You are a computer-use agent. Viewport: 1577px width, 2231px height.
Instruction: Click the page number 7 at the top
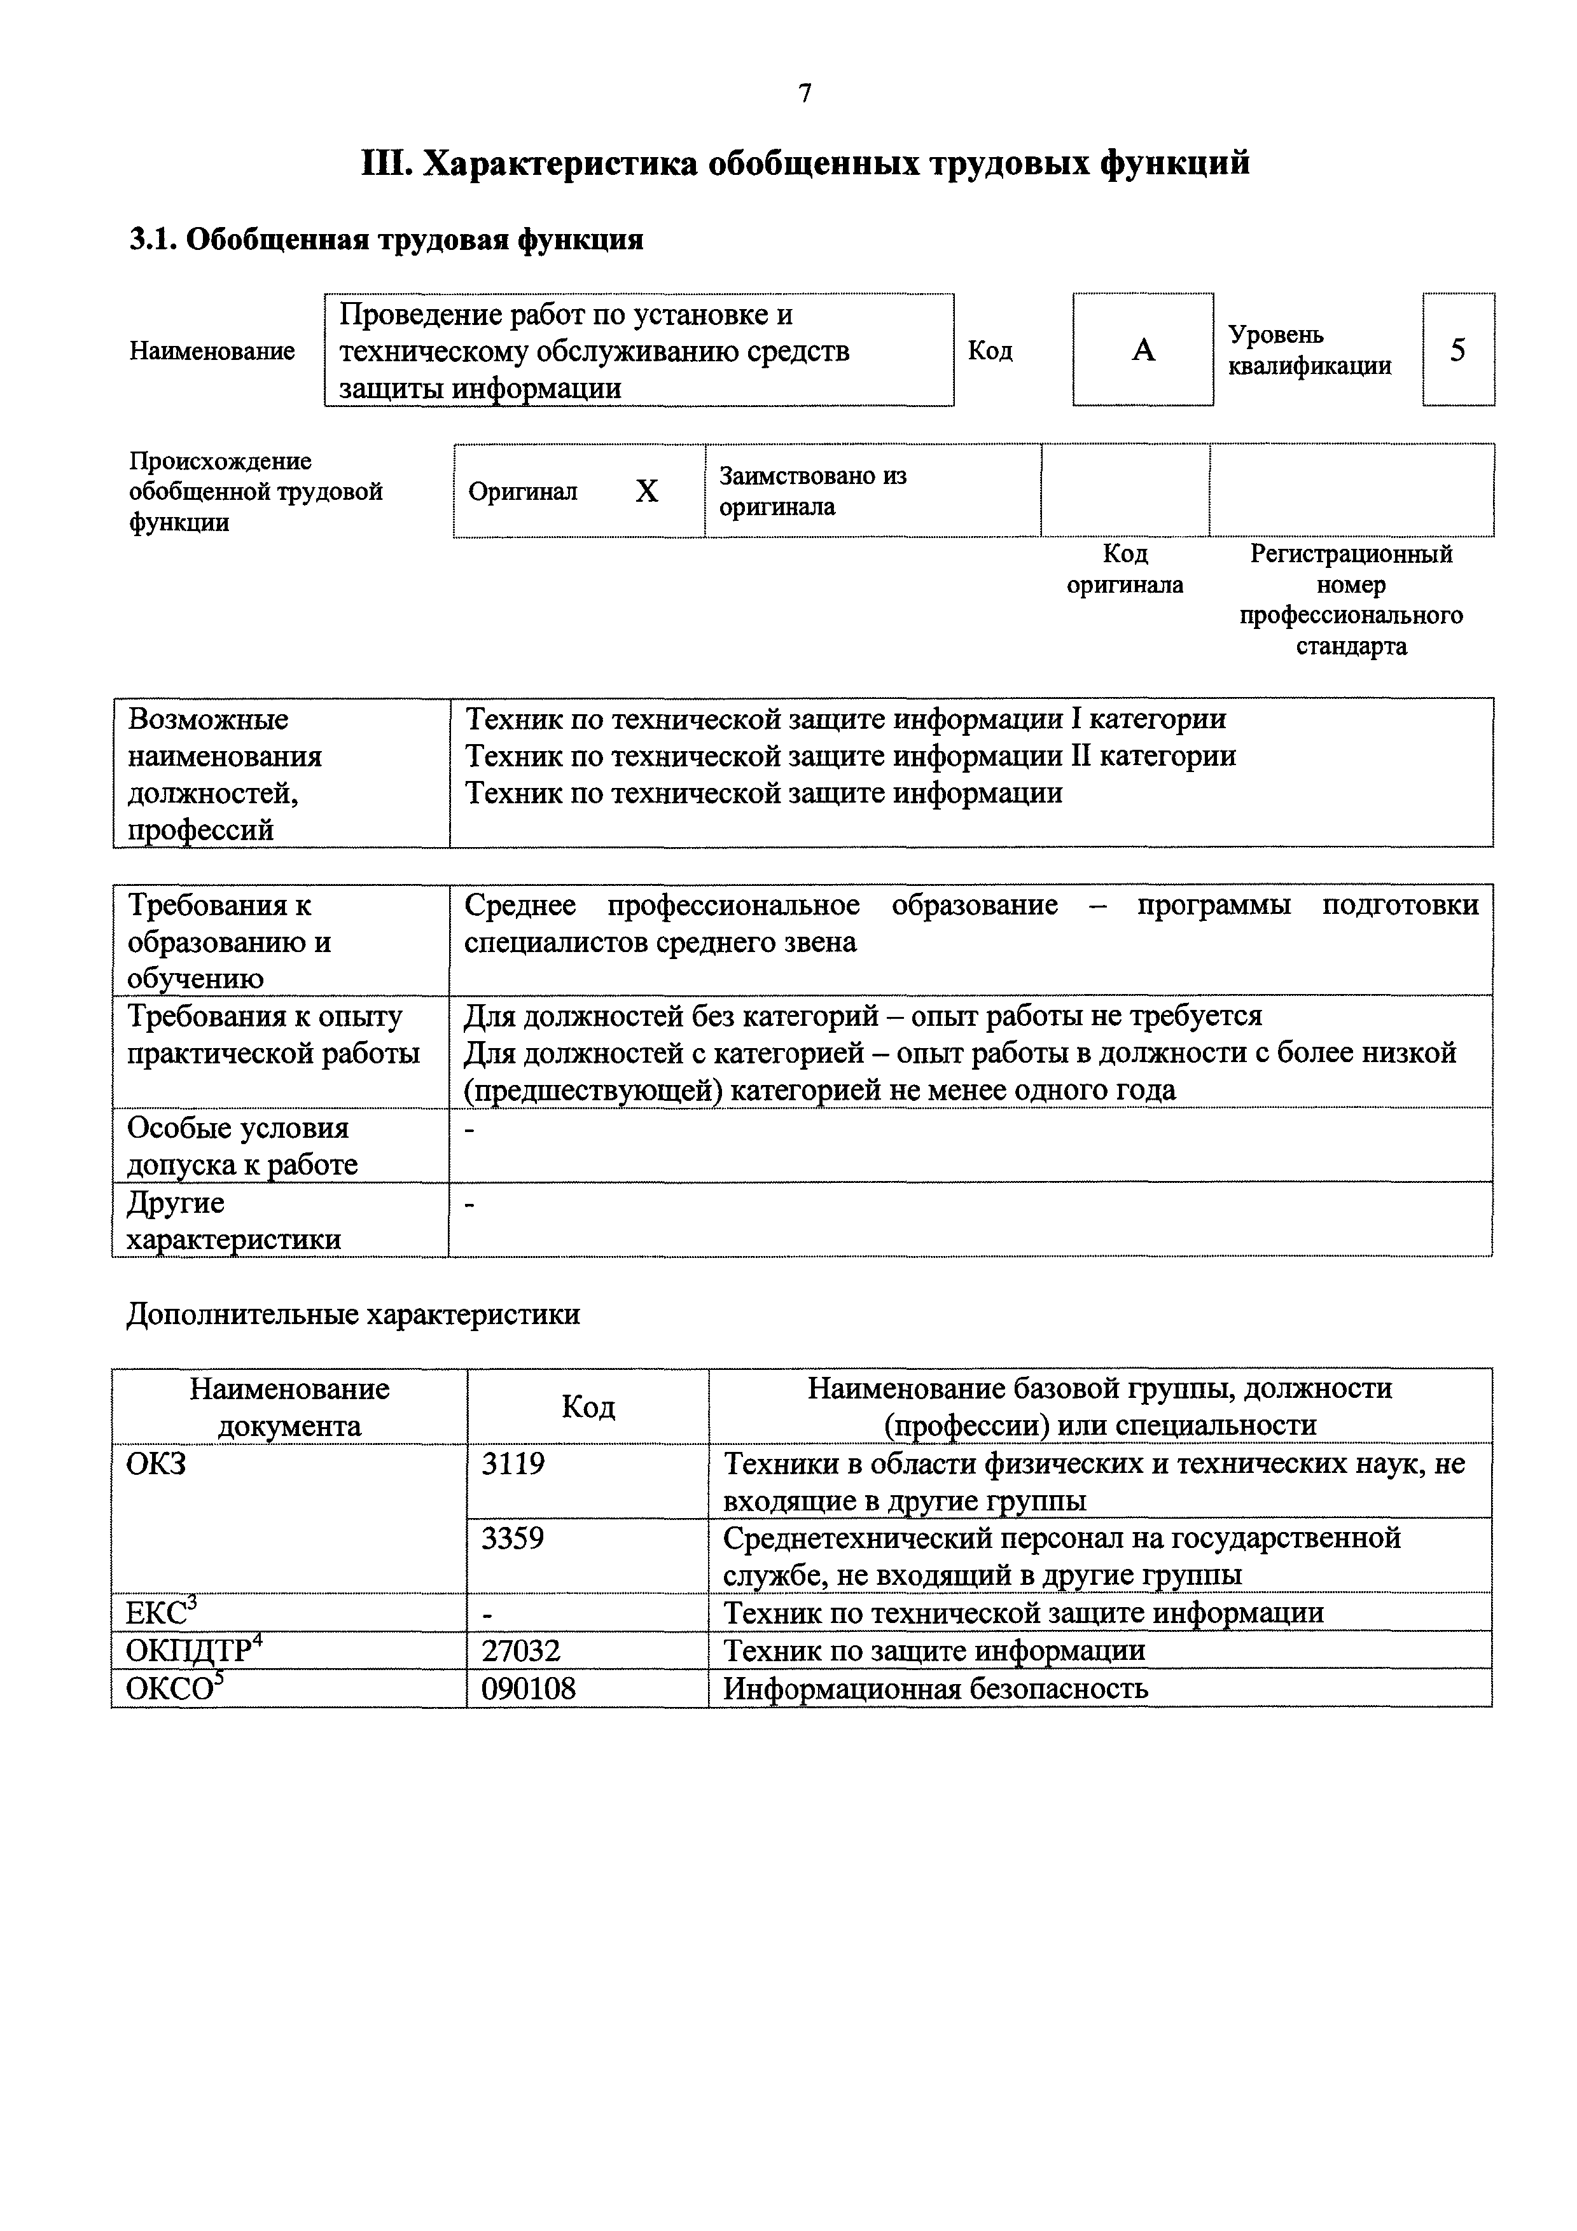[x=805, y=93]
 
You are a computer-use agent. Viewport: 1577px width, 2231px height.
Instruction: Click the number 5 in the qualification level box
[x=1457, y=350]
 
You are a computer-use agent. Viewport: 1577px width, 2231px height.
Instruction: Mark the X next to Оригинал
[x=646, y=492]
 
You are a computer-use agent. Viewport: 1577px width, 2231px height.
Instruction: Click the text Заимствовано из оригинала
[x=812, y=491]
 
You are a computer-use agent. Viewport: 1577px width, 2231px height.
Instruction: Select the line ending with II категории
[x=850, y=756]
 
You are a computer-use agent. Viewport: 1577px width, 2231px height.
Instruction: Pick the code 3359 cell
[x=513, y=1539]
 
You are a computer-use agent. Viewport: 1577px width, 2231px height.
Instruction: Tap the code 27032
[x=521, y=1651]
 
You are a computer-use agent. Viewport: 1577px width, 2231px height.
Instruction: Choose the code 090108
[x=529, y=1689]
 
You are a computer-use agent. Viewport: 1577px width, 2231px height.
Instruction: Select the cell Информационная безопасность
[x=934, y=1689]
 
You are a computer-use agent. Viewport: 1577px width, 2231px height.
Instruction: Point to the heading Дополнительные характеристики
[x=352, y=1315]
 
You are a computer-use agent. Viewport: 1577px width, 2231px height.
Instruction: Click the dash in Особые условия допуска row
[x=470, y=1129]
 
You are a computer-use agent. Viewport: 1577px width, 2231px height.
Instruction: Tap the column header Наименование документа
[x=289, y=1407]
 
